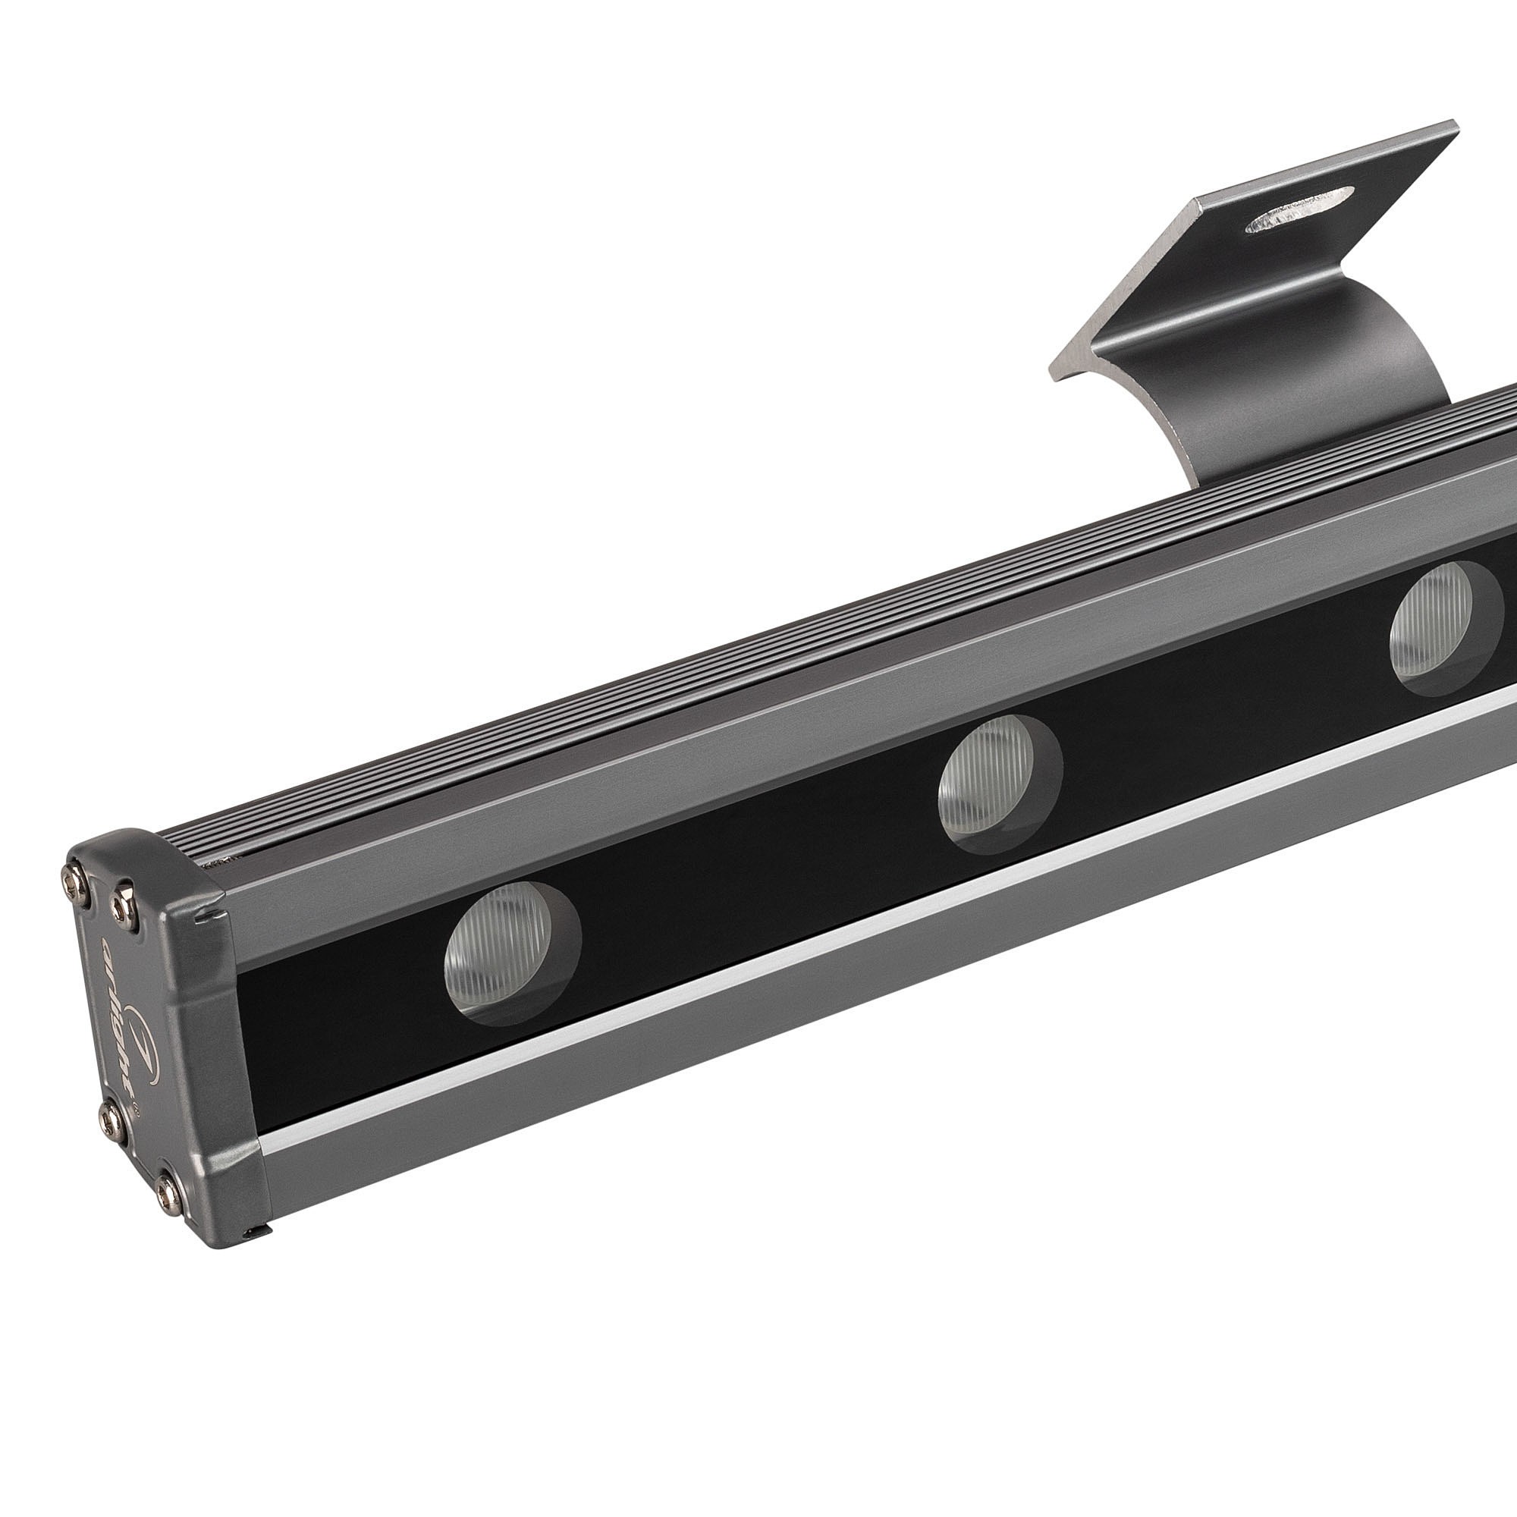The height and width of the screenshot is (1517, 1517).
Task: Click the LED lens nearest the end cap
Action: [510, 951]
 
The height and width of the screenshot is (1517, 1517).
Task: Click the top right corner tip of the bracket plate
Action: [1454, 124]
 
